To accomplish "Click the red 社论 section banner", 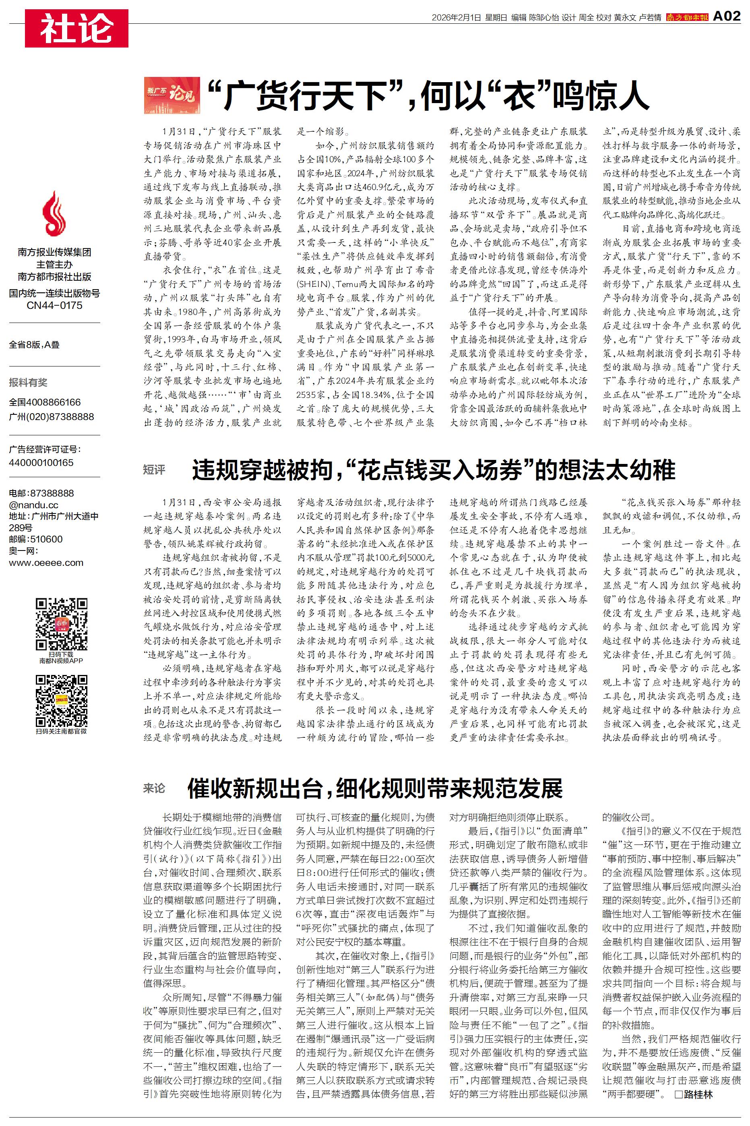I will coord(76,28).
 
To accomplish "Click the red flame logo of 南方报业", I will coord(54,213).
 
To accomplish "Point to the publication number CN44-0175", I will coord(54,305).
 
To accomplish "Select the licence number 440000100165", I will coord(41,463).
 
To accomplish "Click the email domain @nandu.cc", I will coord(33,505).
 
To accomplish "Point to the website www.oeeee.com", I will coord(46,563).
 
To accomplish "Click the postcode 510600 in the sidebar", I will coord(46,539).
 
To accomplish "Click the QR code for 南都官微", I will coord(62,701).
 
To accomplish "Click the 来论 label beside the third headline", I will coord(154,787).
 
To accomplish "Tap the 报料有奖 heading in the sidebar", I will coord(28,382).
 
